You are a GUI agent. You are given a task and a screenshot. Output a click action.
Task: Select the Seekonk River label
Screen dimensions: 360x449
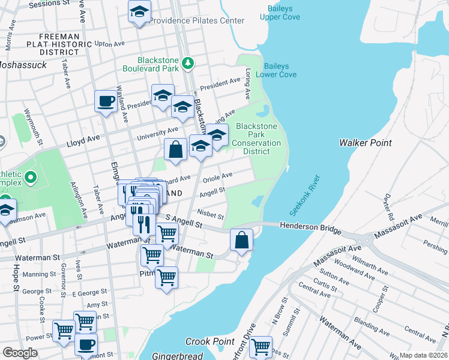pos(305,196)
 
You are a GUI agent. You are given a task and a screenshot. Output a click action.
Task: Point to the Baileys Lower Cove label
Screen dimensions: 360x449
pos(276,70)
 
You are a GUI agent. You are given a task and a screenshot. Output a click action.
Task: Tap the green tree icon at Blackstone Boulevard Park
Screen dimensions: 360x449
pos(188,62)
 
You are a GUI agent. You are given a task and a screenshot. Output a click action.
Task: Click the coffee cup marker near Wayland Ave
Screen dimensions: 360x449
pos(106,101)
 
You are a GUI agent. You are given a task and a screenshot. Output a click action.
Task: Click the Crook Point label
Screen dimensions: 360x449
pos(209,341)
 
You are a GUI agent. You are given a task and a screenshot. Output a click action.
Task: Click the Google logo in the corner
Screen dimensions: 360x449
pos(20,353)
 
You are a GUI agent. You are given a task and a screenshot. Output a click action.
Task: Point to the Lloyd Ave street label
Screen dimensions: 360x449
pos(83,140)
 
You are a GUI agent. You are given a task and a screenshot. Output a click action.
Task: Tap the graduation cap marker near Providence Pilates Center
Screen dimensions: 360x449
pos(139,12)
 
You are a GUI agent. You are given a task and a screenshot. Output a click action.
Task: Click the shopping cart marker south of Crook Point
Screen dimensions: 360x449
pos(261,347)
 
